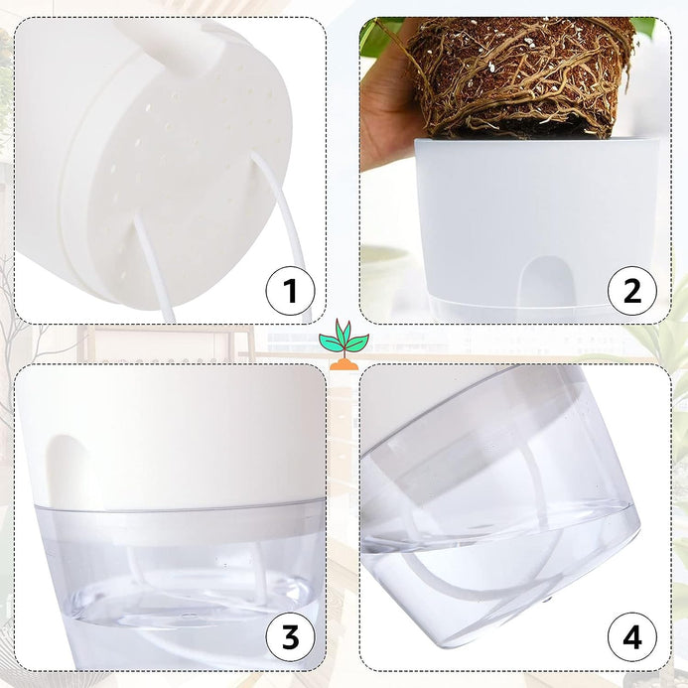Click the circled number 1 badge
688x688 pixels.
(x=291, y=291)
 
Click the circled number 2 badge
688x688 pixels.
(x=632, y=291)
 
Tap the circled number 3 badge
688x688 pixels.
(x=291, y=637)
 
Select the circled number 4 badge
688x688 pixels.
(x=632, y=637)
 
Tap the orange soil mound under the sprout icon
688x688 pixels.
(x=344, y=364)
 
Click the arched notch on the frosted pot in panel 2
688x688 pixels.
(x=544, y=281)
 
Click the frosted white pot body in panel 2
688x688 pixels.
(x=536, y=219)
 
